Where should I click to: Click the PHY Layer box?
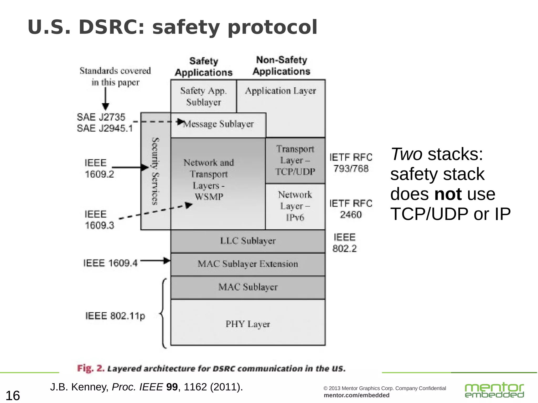[x=248, y=323]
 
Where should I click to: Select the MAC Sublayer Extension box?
[x=248, y=264]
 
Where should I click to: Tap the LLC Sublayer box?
[x=248, y=241]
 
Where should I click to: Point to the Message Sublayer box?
[x=218, y=125]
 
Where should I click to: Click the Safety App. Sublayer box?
[x=204, y=96]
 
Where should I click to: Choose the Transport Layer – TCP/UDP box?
[x=295, y=160]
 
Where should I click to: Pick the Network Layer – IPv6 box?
[x=295, y=206]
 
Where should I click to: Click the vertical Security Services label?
[x=156, y=171]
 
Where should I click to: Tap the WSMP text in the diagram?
[x=209, y=197]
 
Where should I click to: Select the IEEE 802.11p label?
[x=115, y=316]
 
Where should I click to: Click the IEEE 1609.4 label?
[x=110, y=263]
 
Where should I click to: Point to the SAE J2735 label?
[x=101, y=117]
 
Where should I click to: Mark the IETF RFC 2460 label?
[x=351, y=209]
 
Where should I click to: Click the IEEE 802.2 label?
[x=344, y=243]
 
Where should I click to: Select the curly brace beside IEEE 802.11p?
[x=163, y=313]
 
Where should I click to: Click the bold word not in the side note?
[x=448, y=194]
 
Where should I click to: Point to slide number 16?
[x=13, y=395]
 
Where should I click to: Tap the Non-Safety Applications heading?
[x=281, y=66]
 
